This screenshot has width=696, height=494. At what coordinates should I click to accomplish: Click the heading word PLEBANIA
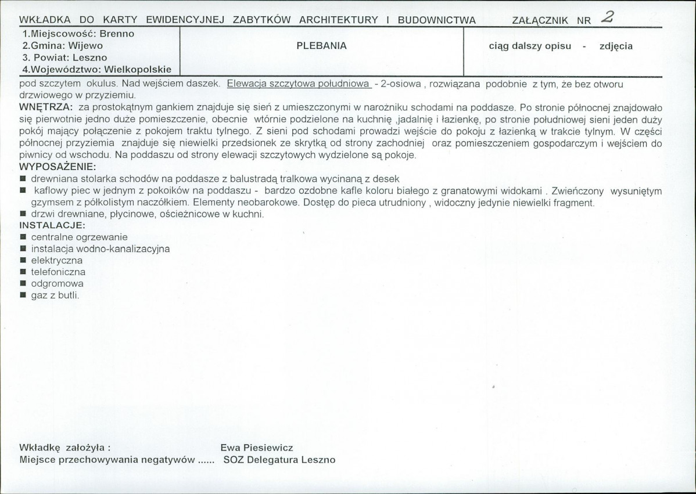pyautogui.click(x=321, y=46)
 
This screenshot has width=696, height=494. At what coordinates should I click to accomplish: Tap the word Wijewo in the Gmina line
pyautogui.click(x=85, y=45)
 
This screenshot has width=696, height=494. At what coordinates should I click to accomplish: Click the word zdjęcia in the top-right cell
pyautogui.click(x=616, y=46)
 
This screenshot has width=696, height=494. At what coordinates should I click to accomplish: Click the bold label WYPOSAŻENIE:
pyautogui.click(x=58, y=167)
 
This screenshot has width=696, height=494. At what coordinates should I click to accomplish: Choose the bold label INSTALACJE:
pyautogui.click(x=53, y=225)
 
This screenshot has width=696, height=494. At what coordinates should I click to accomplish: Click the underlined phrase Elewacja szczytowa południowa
pyautogui.click(x=299, y=84)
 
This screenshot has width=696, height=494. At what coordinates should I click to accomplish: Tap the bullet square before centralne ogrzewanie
pyautogui.click(x=23, y=237)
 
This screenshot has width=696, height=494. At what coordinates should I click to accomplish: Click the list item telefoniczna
pyautogui.click(x=58, y=272)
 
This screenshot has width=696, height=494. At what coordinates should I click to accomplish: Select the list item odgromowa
pyautogui.click(x=57, y=284)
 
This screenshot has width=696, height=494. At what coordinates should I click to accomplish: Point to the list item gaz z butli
pyautogui.click(x=55, y=295)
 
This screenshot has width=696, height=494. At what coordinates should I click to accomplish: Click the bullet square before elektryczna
pyautogui.click(x=23, y=261)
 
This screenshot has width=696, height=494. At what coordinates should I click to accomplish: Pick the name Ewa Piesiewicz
pyautogui.click(x=257, y=448)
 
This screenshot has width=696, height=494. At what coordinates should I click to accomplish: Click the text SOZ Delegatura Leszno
pyautogui.click(x=279, y=460)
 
